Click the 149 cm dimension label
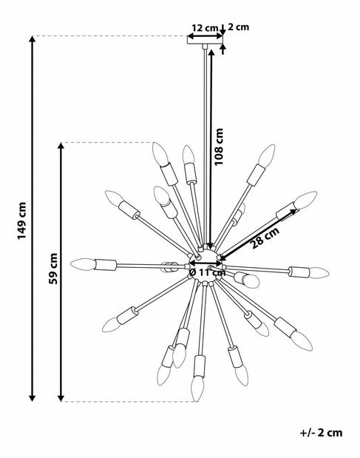pos(22,220)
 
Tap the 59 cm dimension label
pos(53,269)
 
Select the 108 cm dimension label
pos(219,147)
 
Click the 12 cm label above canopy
pos(205,28)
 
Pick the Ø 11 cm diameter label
pos(207,272)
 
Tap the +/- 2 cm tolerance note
pos(322,432)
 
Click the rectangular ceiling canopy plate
pos(205,40)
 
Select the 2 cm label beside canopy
pos(238,27)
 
